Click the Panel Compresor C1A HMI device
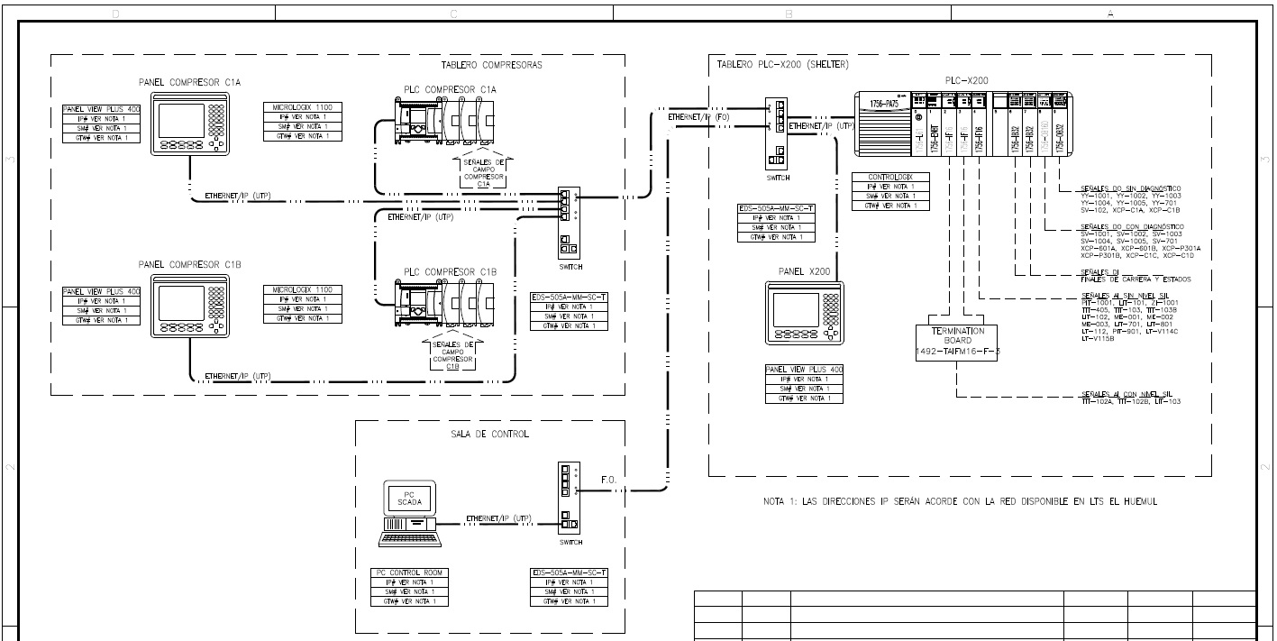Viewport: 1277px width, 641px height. (x=189, y=125)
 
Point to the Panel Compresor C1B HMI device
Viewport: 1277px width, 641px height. (x=189, y=305)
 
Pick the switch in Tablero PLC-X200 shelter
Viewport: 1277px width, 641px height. (x=775, y=133)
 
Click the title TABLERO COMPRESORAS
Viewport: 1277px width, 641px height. (x=491, y=65)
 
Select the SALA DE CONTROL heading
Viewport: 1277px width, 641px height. (x=489, y=434)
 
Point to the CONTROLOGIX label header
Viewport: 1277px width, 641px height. (x=891, y=178)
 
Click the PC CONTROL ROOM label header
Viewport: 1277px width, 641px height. (x=409, y=572)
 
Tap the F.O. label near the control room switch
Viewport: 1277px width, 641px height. (x=608, y=480)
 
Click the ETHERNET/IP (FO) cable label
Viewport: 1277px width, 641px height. (x=698, y=117)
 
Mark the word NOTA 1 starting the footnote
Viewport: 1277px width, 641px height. (x=781, y=501)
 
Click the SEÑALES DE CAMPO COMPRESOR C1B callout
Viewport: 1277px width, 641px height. (x=452, y=355)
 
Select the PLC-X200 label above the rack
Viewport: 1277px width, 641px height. (x=966, y=80)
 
